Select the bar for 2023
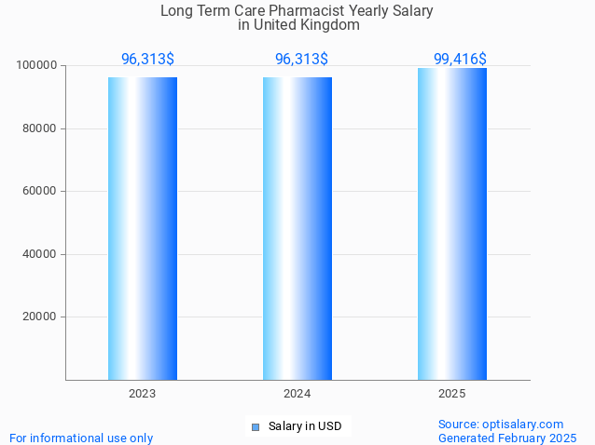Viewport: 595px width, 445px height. [x=143, y=228]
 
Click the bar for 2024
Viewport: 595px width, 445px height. [x=297, y=228]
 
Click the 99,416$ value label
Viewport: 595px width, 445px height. [x=460, y=60]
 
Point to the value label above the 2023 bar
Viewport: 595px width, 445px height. [x=147, y=60]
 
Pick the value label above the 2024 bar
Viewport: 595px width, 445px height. [x=301, y=60]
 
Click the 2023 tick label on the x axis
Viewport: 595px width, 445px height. [x=143, y=394]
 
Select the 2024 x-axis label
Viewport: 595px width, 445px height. [x=297, y=394]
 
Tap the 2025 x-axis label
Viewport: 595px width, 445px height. [x=452, y=394]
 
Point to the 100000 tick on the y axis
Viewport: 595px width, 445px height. [x=37, y=66]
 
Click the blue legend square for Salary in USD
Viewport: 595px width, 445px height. [x=255, y=427]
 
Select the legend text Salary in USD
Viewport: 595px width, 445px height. [x=305, y=426]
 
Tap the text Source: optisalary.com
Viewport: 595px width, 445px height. [x=501, y=424]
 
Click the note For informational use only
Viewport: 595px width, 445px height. [x=81, y=438]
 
